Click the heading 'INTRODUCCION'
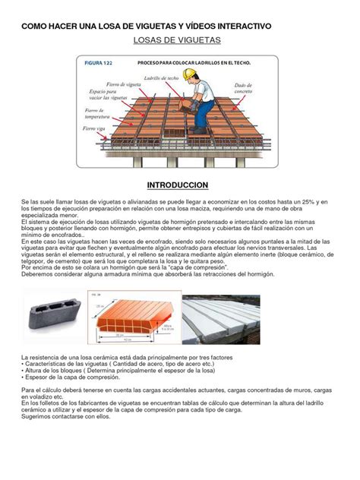click(x=179, y=185)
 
